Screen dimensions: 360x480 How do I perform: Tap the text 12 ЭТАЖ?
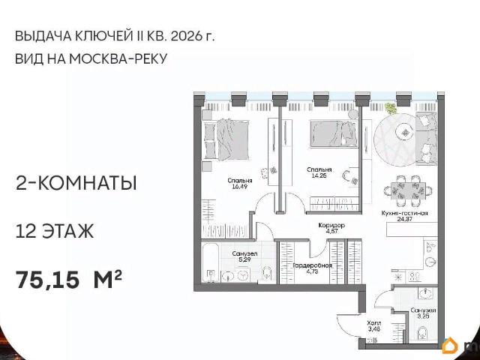pyautogui.click(x=54, y=231)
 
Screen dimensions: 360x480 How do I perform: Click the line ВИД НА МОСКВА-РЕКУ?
pyautogui.click(x=89, y=59)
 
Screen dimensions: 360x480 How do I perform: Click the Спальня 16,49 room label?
pyautogui.click(x=240, y=184)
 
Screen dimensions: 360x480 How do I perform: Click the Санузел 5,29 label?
pyautogui.click(x=244, y=256)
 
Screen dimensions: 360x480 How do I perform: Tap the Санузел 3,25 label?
pyautogui.click(x=423, y=313)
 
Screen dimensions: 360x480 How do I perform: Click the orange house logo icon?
pyautogui.click(x=451, y=346)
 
